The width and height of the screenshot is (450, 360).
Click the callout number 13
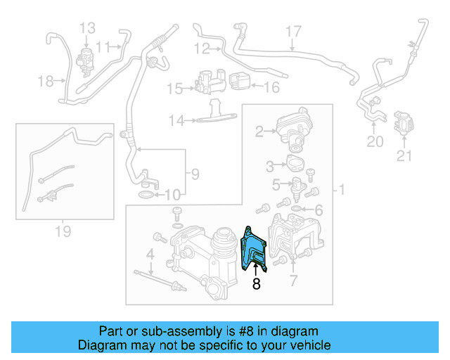coord(87,28)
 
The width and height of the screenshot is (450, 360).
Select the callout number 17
coord(292,31)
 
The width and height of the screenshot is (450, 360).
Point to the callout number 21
coord(404,156)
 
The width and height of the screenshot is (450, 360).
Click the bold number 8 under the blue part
coord(257,285)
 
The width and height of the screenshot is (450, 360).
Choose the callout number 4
coord(150,253)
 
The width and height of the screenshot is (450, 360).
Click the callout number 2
coord(259,131)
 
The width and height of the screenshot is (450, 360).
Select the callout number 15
coord(173,89)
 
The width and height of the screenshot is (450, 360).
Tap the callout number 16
coord(272,88)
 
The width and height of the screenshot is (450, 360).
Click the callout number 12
coord(202,49)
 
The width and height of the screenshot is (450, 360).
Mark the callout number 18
coord(46,82)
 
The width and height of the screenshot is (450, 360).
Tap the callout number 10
coord(172,195)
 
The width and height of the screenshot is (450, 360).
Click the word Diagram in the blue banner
coord(101,345)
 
